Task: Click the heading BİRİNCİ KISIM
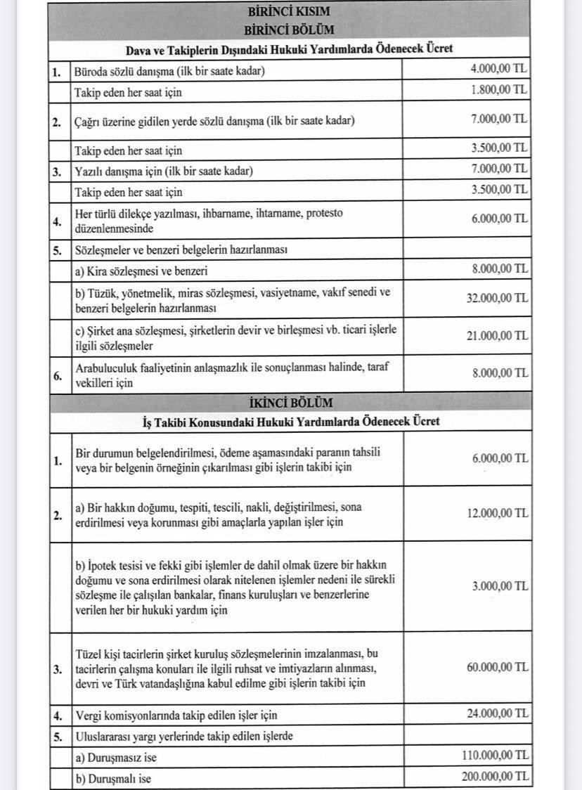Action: tap(289, 13)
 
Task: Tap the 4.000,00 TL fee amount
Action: tap(498, 70)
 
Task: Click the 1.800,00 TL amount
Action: tap(498, 90)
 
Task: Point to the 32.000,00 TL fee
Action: tap(496, 297)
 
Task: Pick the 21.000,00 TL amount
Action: tap(496, 336)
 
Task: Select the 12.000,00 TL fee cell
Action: tap(496, 513)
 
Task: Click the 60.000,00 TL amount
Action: tap(496, 666)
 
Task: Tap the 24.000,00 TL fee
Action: tap(496, 714)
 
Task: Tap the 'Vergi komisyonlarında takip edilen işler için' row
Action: tap(176, 715)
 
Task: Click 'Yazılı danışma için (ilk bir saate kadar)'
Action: tap(163, 171)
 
